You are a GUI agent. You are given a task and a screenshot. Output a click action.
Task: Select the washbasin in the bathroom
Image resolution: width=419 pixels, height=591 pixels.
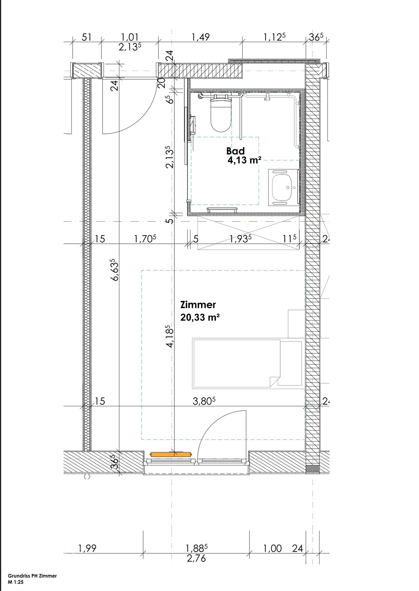pyautogui.click(x=283, y=187)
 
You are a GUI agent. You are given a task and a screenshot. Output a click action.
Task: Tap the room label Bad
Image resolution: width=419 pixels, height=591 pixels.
pyautogui.click(x=235, y=151)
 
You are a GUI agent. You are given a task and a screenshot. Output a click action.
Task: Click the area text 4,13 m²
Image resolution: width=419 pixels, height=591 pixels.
pyautogui.click(x=244, y=160)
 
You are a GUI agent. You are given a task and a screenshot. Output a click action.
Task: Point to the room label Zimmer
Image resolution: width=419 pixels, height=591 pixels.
pyautogui.click(x=198, y=305)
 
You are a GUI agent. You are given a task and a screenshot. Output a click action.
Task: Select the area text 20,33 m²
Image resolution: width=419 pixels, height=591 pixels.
pyautogui.click(x=200, y=317)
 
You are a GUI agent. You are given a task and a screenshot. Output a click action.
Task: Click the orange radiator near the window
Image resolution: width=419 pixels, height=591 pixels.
pyautogui.click(x=170, y=454)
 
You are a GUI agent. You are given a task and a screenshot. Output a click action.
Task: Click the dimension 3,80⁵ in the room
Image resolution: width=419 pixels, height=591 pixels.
pyautogui.click(x=204, y=401)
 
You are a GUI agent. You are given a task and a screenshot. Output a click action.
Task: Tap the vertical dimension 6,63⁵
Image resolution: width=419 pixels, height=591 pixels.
pyautogui.click(x=115, y=270)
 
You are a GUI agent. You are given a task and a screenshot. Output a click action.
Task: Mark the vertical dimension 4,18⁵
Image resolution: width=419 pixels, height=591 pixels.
pyautogui.click(x=170, y=337)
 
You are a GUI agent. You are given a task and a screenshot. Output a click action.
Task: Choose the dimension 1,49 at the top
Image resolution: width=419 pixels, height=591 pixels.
pyautogui.click(x=200, y=37)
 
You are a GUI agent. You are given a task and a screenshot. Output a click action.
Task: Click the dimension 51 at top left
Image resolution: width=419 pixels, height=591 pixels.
pyautogui.click(x=87, y=37)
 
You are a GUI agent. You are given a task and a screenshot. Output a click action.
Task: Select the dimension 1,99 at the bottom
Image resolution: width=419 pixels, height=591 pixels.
pyautogui.click(x=87, y=548)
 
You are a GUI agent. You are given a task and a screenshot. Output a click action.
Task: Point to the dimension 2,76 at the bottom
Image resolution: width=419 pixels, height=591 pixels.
pyautogui.click(x=196, y=559)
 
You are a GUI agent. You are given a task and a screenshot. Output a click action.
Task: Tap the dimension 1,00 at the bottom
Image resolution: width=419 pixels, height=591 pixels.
pyautogui.click(x=272, y=548)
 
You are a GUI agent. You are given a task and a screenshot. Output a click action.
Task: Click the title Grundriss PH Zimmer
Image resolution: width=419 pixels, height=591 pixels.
pyautogui.click(x=32, y=576)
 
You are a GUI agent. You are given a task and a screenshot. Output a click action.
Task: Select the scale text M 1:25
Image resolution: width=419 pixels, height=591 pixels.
pyautogui.click(x=16, y=582)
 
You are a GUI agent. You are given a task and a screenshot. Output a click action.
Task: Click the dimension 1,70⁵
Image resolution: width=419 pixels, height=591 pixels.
pyautogui.click(x=145, y=239)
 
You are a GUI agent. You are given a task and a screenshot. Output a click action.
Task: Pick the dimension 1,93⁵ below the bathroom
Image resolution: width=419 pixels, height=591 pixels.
pyautogui.click(x=240, y=239)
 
